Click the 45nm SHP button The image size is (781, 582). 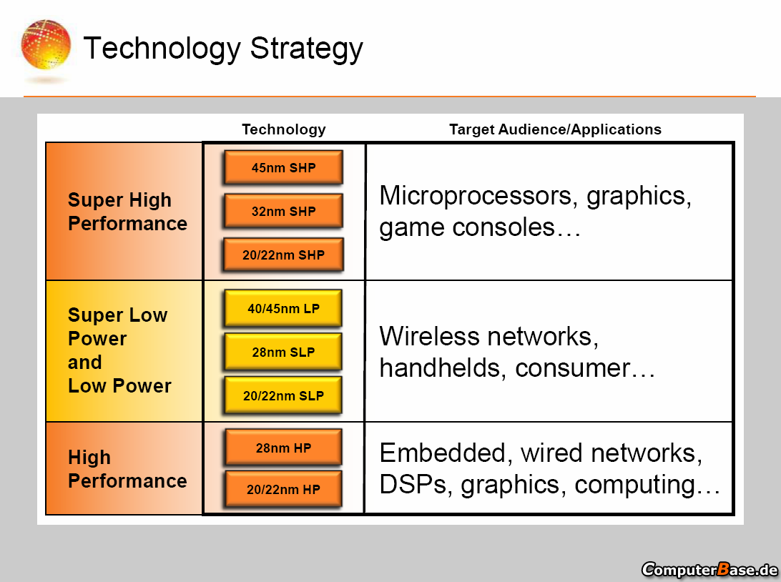tap(283, 167)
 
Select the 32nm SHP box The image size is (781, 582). tap(283, 211)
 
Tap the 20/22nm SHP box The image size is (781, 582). tap(283, 255)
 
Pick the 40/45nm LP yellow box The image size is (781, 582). tap(283, 308)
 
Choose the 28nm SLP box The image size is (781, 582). tap(283, 352)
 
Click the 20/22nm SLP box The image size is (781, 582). tap(283, 395)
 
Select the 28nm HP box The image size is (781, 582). tap(283, 448)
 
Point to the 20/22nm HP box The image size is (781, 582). tap(283, 489)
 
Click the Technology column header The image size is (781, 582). tap(284, 129)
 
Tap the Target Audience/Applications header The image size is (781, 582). tap(556, 129)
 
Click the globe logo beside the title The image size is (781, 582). tap(46, 45)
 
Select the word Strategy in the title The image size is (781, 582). tap(306, 49)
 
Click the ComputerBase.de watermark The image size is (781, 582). tap(709, 569)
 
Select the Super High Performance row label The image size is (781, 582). tap(127, 212)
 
